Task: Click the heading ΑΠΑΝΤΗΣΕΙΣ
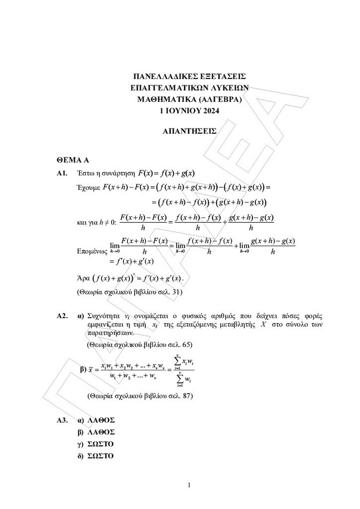pos(190,131)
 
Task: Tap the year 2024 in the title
pos(211,111)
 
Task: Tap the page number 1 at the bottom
pos(189,485)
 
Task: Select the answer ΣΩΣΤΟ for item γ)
pos(101,444)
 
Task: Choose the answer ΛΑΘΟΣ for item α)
pos(101,420)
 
